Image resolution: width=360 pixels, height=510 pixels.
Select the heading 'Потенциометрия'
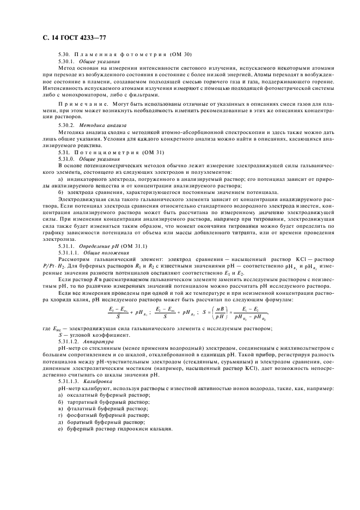tap(103, 153)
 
